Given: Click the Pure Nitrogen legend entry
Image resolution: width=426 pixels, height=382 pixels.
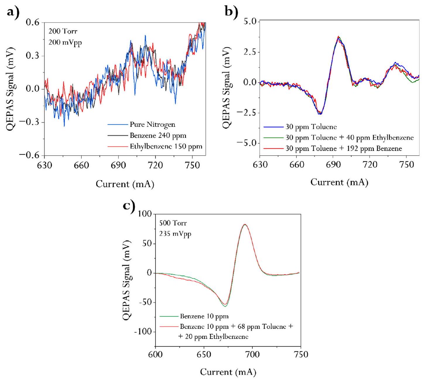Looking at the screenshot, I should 152,125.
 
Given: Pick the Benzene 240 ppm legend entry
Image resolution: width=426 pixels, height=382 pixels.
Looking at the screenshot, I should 158,136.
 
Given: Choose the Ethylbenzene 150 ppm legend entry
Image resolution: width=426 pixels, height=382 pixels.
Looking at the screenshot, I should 166,147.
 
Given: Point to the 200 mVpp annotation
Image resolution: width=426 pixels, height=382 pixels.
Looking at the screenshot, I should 65,43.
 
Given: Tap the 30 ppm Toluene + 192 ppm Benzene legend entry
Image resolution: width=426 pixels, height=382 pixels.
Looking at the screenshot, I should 343,149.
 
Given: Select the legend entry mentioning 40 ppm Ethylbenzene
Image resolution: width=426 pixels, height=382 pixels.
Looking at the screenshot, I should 349,138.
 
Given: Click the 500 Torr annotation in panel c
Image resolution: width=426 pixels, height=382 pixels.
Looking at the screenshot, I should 173,223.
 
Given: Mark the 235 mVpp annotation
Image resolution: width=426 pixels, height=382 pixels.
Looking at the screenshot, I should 175,234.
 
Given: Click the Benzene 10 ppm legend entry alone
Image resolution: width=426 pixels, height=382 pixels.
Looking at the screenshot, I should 204,316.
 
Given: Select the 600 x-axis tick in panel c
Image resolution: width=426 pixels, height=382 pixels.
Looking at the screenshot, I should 155,355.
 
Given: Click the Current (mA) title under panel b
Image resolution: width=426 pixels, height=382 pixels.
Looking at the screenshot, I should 339,183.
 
